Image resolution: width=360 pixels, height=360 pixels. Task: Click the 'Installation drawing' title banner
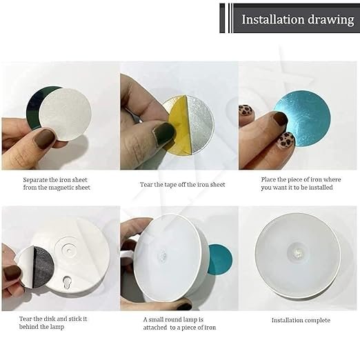click(297, 19)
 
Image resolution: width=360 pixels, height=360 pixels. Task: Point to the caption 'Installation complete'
click(300, 320)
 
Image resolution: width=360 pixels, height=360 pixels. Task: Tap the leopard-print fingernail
click(285, 141)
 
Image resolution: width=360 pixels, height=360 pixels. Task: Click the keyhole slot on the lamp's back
click(66, 283)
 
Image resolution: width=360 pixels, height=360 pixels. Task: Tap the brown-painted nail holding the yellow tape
click(164, 133)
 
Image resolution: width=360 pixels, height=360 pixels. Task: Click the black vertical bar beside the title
click(222, 18)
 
